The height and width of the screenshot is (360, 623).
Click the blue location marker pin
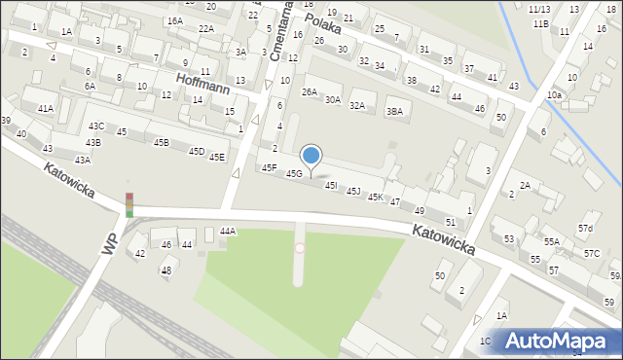tap(311, 156)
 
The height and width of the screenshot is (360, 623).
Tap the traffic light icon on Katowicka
tap(128, 204)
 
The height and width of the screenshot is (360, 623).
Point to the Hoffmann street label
tap(202, 84)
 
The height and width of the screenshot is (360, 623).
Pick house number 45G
tap(294, 174)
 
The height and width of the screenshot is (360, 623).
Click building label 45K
tap(375, 198)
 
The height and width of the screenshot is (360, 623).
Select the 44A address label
tap(228, 232)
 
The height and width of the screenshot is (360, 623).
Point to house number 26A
tap(310, 92)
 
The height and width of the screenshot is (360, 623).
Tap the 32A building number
tap(357, 106)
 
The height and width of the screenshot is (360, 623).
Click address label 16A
tap(174, 21)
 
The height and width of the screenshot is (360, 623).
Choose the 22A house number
tap(206, 29)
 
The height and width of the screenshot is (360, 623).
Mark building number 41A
tap(45, 109)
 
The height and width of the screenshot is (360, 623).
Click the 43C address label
tap(96, 126)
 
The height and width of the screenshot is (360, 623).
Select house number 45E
tap(217, 157)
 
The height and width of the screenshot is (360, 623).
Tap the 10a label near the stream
tap(554, 95)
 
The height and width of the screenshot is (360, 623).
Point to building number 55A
tap(551, 242)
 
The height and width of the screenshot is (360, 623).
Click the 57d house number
tap(584, 230)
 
